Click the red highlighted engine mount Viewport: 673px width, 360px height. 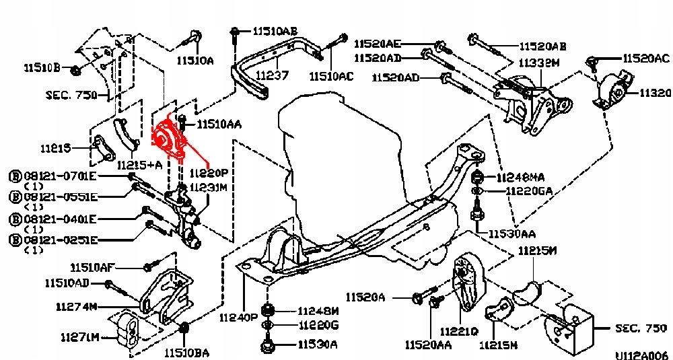tap(169, 139)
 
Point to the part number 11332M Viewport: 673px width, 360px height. tap(538, 63)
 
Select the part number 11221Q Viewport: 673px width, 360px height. tap(459, 331)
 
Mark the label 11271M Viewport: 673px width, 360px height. tap(79, 336)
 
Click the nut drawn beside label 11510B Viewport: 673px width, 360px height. tap(75, 69)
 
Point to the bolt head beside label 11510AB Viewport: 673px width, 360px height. tap(234, 31)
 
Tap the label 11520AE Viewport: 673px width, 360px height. tap(378, 42)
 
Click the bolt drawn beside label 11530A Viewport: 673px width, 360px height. tap(267, 346)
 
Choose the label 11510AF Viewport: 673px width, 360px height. tap(94, 267)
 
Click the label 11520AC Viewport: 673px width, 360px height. tap(645, 59)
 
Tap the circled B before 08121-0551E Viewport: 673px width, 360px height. tap(14, 196)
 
